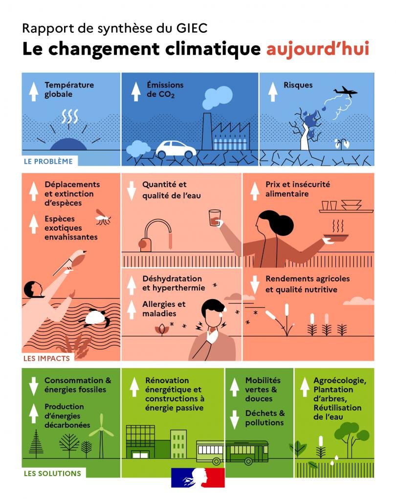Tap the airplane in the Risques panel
point(345,92)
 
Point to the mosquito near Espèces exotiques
point(103,217)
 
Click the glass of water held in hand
point(214,217)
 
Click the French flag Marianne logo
point(198,477)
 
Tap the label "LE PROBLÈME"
point(48,161)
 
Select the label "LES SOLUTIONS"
point(52,474)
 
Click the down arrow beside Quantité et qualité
point(131,191)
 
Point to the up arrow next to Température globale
point(33,91)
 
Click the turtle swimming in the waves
point(95,319)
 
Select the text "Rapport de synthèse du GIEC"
point(115,28)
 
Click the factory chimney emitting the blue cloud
point(206,131)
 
